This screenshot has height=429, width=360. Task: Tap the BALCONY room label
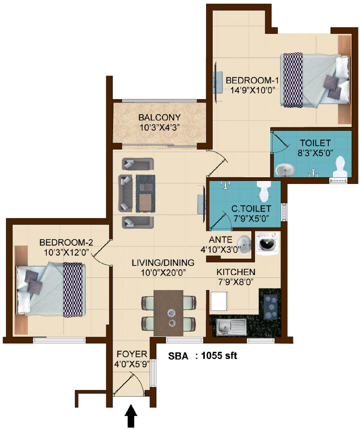pyautogui.click(x=159, y=117)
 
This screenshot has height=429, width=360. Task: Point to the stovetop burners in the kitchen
pyautogui.click(x=270, y=307)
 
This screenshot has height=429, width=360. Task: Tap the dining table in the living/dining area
pyautogui.click(x=168, y=313)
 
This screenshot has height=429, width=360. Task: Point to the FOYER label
pyautogui.click(x=132, y=354)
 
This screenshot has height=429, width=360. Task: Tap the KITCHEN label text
pyautogui.click(x=236, y=272)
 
